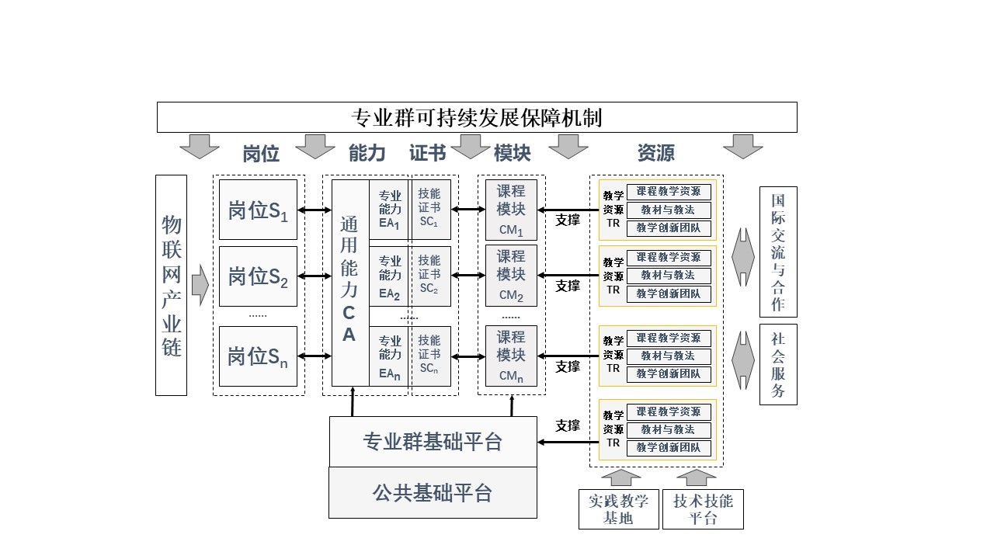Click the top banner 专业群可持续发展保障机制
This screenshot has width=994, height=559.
point(477,117)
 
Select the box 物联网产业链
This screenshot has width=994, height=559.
point(171,285)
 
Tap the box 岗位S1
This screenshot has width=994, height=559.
point(258,210)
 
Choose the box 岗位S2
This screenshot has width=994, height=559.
point(258,276)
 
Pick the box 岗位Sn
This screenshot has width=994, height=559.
point(258,356)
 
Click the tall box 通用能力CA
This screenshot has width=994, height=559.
point(349,283)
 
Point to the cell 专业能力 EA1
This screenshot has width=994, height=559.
point(390,210)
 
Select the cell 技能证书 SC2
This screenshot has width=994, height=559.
point(429,276)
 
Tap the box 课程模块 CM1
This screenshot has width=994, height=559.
point(511,210)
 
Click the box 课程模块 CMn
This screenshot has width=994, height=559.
point(511,356)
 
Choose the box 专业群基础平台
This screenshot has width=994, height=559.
point(433,441)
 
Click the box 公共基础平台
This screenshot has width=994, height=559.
point(433,492)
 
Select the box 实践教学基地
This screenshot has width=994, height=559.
point(618,509)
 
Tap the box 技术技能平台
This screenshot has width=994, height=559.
point(703,509)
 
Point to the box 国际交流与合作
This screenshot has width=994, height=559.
point(778,252)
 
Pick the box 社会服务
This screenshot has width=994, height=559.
point(778,364)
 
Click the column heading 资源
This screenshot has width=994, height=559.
point(655,153)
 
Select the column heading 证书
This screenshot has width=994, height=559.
point(427,153)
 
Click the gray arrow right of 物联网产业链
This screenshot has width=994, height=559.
point(200,285)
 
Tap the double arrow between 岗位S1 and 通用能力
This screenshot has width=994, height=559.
point(315,210)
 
